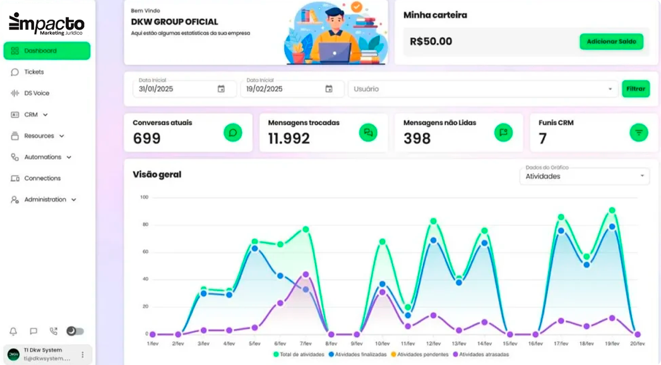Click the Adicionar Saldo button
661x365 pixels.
pos(611,42)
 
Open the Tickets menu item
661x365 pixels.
pos(33,72)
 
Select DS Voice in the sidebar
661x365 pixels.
pos(36,93)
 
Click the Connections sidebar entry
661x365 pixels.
pos(42,178)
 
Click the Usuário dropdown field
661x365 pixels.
pos(483,89)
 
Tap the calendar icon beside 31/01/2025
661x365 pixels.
pos(221,89)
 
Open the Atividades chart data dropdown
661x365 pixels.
pos(584,176)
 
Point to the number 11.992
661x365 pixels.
pos(289,138)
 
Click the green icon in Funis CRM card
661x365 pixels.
pos(638,133)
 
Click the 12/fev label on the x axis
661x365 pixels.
pos(433,344)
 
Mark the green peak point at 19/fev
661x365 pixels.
pos(612,210)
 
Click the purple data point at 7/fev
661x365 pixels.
pos(306,275)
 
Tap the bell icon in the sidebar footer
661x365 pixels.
pos(13,332)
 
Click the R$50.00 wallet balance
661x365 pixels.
pos(431,42)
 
